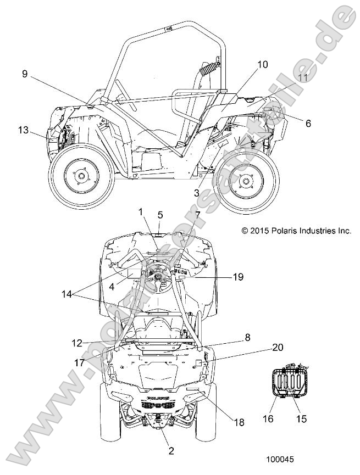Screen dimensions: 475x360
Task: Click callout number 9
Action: click(x=25, y=73)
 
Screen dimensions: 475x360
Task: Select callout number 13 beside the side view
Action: click(x=23, y=130)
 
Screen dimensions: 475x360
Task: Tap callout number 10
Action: click(x=263, y=65)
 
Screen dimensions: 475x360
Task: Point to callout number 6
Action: click(x=308, y=124)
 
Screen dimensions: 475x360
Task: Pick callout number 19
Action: click(x=237, y=277)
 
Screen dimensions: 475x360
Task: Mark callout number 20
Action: click(x=278, y=348)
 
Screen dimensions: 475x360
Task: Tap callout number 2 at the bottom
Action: click(x=171, y=451)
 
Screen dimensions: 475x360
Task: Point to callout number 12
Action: click(x=77, y=343)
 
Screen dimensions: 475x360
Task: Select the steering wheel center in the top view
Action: click(x=158, y=278)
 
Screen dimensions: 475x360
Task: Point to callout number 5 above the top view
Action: click(x=160, y=214)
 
